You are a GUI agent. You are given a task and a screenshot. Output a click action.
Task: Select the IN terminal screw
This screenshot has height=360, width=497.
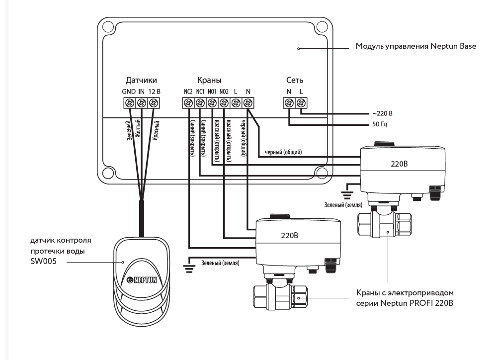coord(142,103)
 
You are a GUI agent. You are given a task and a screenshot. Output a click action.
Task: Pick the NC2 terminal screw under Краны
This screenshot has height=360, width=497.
coord(188,103)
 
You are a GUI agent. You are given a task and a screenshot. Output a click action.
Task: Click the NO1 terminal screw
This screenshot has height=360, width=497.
coord(212,103)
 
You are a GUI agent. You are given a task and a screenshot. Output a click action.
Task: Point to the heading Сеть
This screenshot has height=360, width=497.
coord(295,80)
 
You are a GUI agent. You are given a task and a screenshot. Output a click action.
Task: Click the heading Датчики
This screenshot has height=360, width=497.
coord(141,80)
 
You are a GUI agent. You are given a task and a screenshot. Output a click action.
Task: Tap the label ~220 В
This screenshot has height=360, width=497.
coord(383,113)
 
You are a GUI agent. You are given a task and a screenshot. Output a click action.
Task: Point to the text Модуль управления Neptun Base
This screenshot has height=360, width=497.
coord(416,46)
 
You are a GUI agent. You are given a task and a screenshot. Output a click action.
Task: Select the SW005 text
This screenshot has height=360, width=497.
coord(42,261)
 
